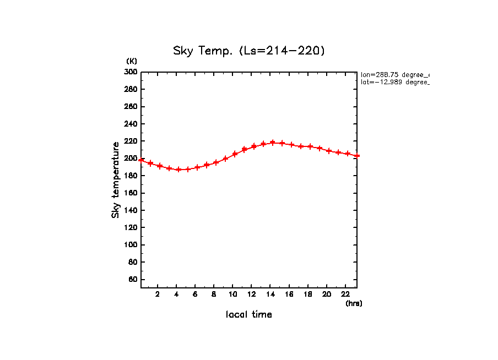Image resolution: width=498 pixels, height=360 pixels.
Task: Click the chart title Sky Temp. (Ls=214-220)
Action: (x=249, y=51)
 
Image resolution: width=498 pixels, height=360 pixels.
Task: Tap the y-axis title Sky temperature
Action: (x=116, y=180)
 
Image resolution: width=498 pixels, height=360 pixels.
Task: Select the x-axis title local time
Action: (x=248, y=314)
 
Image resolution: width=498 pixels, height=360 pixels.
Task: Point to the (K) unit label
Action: (x=132, y=61)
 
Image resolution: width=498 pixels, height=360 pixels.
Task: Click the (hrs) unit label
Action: (x=354, y=303)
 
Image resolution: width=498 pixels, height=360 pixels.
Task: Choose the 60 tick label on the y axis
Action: (x=133, y=280)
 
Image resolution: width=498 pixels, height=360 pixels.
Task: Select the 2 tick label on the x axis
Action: (x=158, y=294)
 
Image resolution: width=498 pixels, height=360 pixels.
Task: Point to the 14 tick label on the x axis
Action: (x=270, y=294)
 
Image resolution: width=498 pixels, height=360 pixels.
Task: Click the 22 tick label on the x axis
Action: (x=345, y=294)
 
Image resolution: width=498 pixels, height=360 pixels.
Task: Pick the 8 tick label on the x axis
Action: (x=214, y=294)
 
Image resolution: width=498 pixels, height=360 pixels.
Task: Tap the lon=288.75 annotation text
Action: (x=394, y=74)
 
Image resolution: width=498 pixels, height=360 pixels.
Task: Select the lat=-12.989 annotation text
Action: (x=394, y=82)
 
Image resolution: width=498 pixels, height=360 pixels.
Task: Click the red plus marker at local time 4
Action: (x=178, y=170)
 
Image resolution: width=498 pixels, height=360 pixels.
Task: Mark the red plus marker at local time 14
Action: (x=273, y=143)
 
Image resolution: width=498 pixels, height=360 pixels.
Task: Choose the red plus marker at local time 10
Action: (x=235, y=154)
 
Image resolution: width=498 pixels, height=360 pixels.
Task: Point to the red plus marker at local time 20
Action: (x=329, y=151)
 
